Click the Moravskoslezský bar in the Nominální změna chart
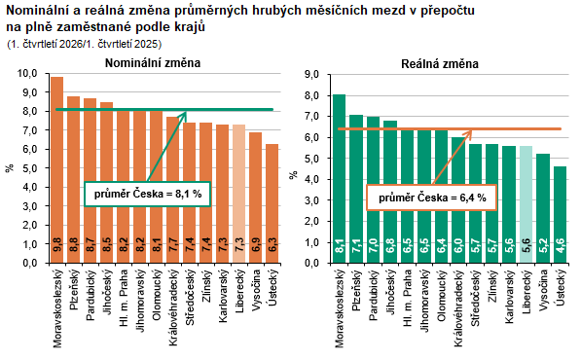(57, 170)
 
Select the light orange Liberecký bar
(239, 194)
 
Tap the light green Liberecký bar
(526, 204)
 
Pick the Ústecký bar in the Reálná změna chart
(560, 215)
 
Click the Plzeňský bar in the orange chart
(73, 180)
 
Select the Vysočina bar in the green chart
(543, 208)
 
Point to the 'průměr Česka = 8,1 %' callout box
(148, 194)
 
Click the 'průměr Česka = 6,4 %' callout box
(432, 198)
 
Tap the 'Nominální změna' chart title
(153, 63)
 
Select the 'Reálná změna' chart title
(440, 64)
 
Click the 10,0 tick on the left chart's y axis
(27, 73)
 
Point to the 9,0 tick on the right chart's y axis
(311, 75)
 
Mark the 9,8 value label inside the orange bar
(57, 245)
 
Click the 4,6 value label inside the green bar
(560, 245)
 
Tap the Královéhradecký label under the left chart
(173, 308)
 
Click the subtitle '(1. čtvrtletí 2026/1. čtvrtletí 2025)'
(85, 44)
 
